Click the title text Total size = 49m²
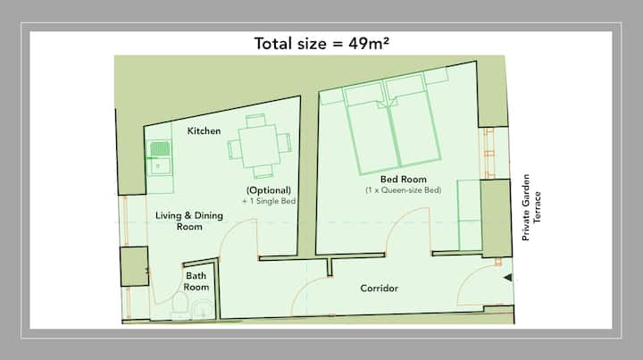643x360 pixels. (321, 44)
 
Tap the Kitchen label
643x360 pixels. (204, 130)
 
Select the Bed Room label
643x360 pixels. (404, 180)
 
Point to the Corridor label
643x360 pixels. (379, 289)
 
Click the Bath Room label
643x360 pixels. (196, 281)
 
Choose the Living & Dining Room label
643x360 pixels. (189, 221)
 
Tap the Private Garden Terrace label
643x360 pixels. (531, 207)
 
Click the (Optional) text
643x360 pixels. (269, 190)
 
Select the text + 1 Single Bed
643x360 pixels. (269, 201)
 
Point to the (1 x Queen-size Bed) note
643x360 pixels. (404, 190)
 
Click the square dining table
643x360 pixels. (259, 146)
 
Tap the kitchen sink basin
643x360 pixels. (160, 166)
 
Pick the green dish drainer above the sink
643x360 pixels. (160, 149)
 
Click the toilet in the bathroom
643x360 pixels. (180, 306)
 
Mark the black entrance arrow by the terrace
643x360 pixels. (508, 278)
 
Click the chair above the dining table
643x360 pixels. (255, 120)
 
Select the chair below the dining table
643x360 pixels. (263, 172)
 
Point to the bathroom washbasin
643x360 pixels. (203, 310)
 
